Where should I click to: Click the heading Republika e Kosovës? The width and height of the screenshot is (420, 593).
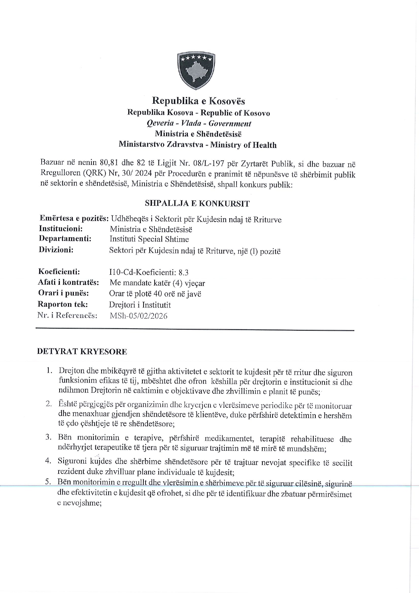point(198,101)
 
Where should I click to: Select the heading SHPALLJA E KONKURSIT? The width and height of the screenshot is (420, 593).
point(197,203)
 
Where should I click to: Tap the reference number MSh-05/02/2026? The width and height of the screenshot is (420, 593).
point(138,316)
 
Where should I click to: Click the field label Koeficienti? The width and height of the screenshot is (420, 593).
point(59,272)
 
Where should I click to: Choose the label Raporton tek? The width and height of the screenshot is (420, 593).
point(63,304)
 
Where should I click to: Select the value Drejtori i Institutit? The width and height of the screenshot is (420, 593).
point(140,305)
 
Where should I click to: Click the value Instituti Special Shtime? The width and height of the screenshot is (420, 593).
point(149,239)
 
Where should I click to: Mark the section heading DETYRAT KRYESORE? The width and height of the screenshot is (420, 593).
point(82,351)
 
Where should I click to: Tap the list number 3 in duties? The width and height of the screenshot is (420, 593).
point(48,437)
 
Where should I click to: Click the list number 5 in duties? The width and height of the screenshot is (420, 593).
point(48,481)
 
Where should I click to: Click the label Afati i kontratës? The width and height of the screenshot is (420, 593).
point(69,282)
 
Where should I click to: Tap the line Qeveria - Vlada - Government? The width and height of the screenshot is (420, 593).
point(199,123)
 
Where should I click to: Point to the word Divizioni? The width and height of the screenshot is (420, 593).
point(57,250)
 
